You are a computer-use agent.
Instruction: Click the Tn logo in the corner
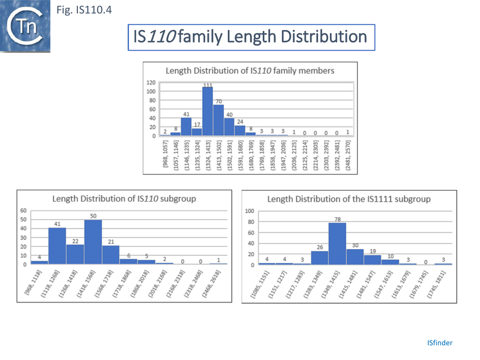[x=26, y=26]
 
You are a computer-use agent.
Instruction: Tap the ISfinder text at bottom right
[x=440, y=343]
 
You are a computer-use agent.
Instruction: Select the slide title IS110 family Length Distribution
[x=251, y=37]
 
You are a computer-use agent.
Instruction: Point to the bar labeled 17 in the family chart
[x=197, y=132]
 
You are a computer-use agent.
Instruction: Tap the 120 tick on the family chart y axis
[x=151, y=82]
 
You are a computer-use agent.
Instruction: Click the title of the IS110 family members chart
[x=250, y=70]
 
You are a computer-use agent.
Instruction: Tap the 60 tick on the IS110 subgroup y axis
[x=23, y=211]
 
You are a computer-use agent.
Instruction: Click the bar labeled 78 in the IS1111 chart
[x=337, y=244]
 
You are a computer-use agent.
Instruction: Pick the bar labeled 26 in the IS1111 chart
[x=319, y=257]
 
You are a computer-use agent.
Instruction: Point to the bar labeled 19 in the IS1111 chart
[x=373, y=259]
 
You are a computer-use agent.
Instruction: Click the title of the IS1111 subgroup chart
[x=349, y=198]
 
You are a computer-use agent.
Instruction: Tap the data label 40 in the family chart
[x=229, y=114]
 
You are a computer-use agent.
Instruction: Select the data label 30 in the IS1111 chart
[x=355, y=244]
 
